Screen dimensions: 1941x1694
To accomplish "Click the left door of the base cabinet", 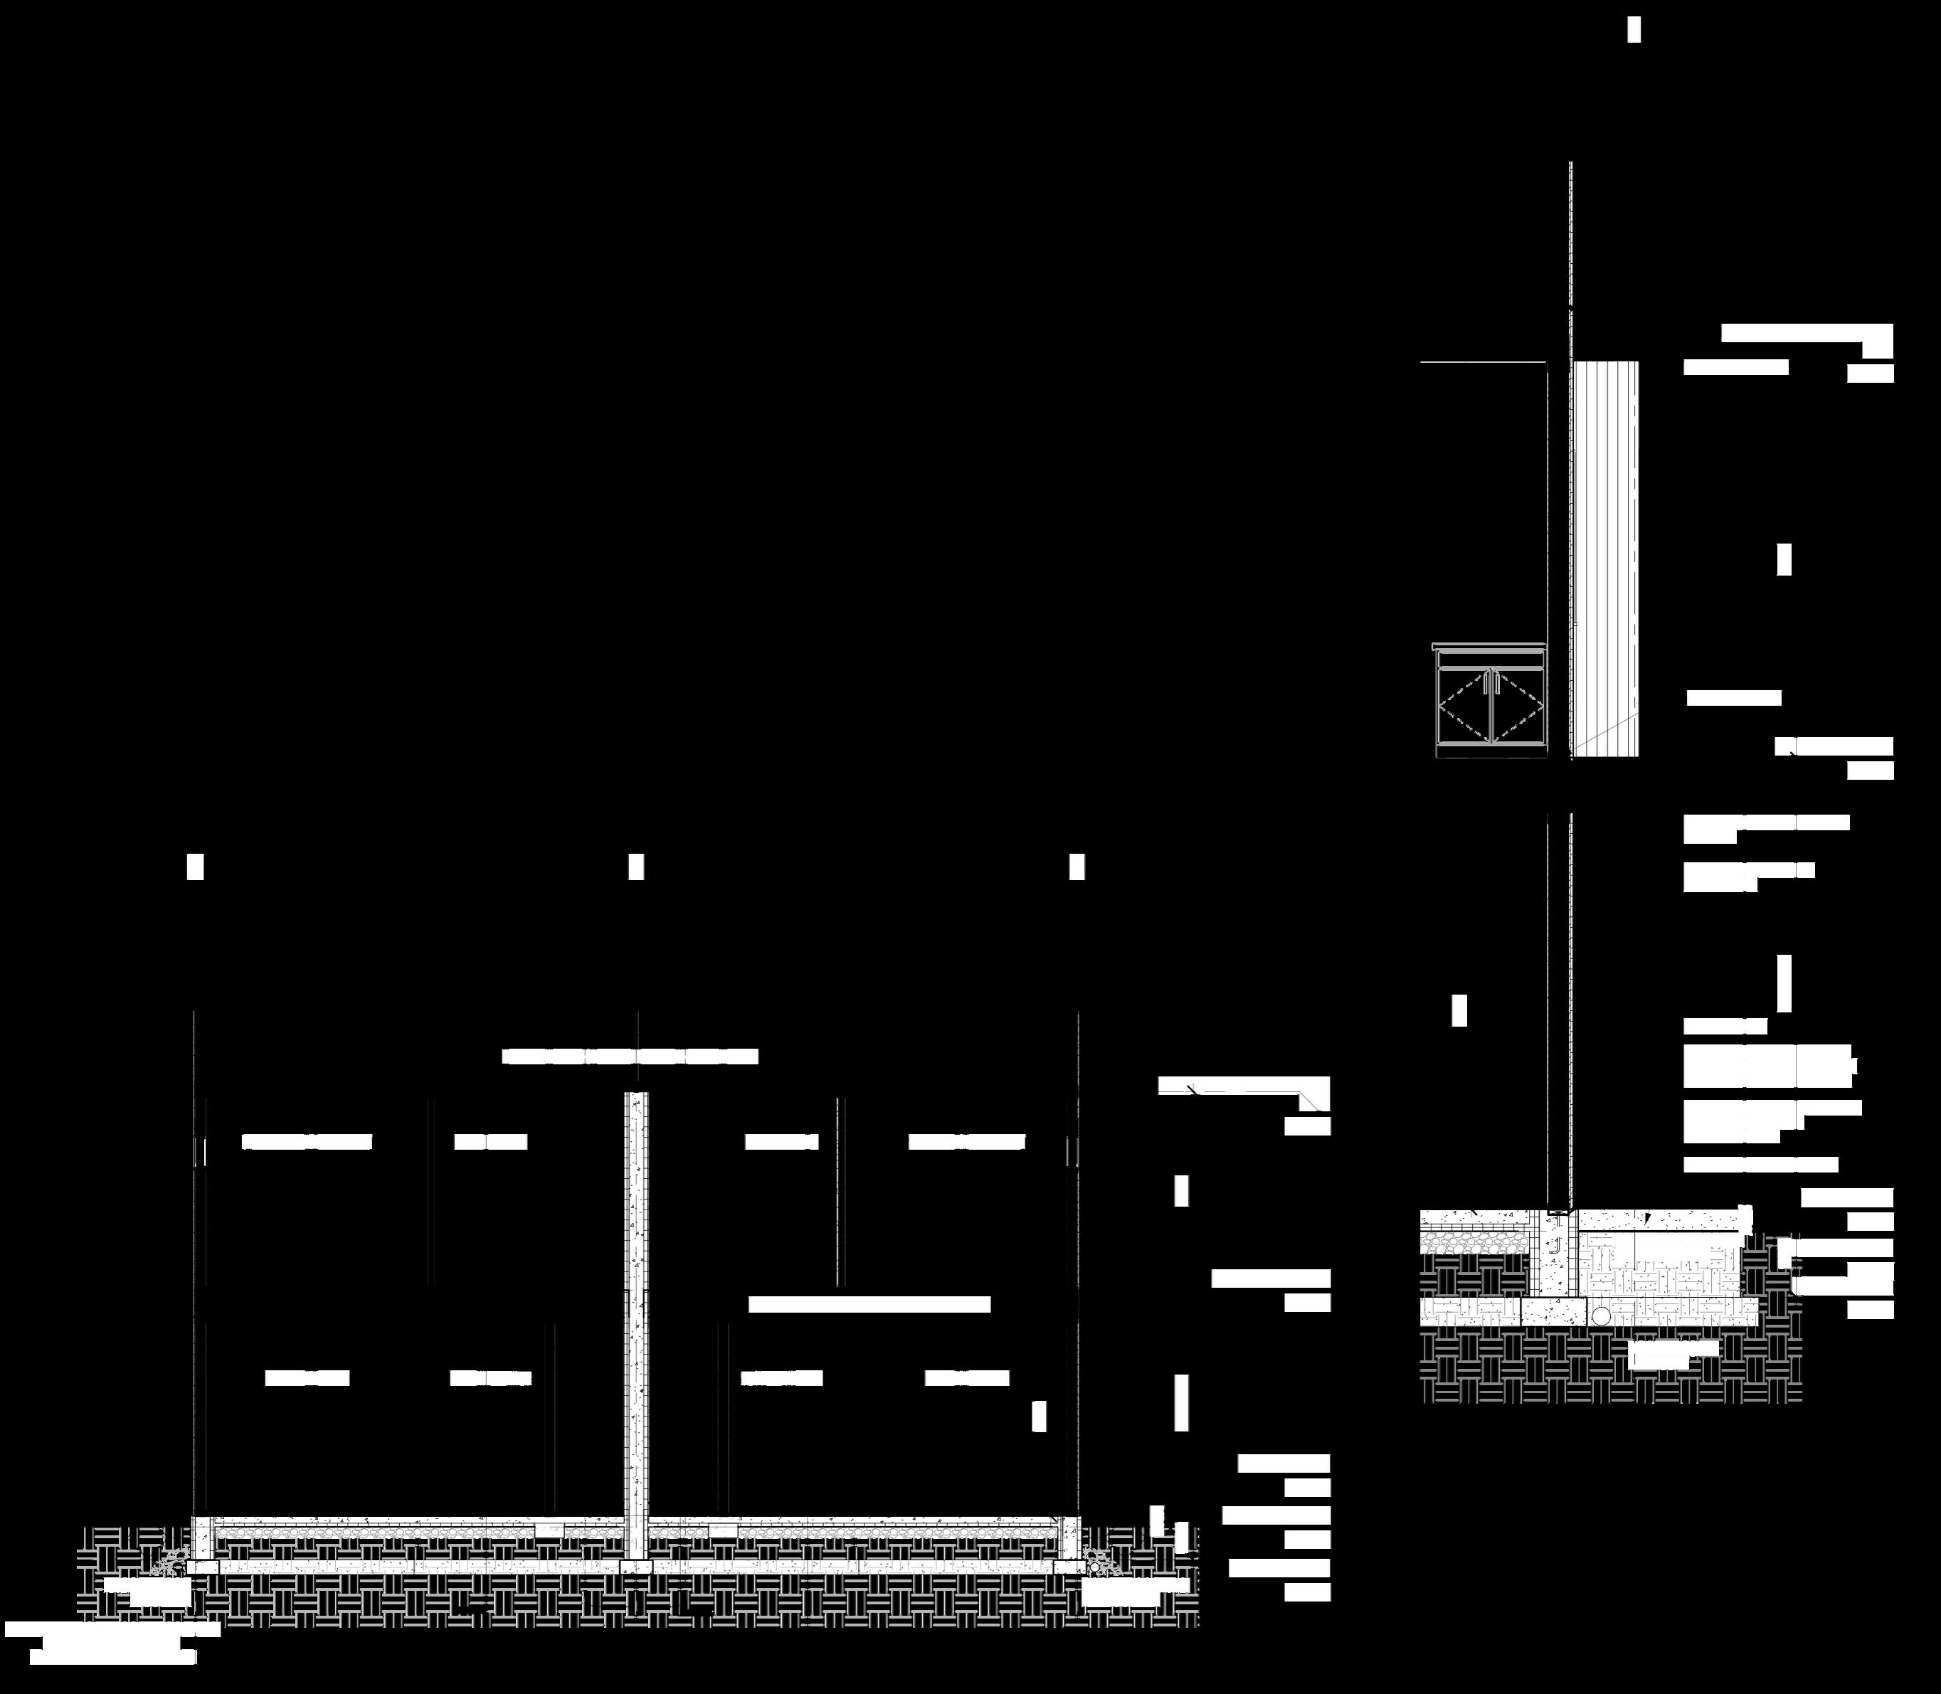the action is pyautogui.click(x=1463, y=707).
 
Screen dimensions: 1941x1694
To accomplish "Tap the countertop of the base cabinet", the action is pyautogui.click(x=1491, y=647).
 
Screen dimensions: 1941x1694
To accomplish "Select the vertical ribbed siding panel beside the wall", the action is pyautogui.click(x=1604, y=558).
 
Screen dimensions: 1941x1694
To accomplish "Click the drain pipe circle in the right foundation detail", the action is pyautogui.click(x=1601, y=1315).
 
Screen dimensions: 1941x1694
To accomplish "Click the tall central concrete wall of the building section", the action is pyautogui.click(x=636, y=1323).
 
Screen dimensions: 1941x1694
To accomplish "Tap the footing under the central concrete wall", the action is pyautogui.click(x=636, y=1567).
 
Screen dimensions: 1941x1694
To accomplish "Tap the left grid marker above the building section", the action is pyautogui.click(x=195, y=867).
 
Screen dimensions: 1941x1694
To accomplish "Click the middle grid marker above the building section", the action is pyautogui.click(x=636, y=867).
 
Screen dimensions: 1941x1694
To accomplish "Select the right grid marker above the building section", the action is pyautogui.click(x=1077, y=867).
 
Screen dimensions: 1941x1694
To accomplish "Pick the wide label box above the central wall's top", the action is pyautogui.click(x=630, y=1057).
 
